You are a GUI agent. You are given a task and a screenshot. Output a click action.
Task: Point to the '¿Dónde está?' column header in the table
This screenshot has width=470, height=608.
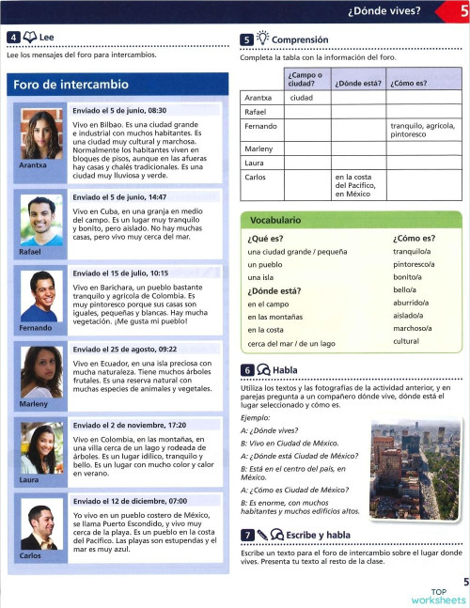pyautogui.click(x=357, y=83)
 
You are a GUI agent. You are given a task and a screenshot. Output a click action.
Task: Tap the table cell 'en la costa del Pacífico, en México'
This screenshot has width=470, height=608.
pyautogui.click(x=357, y=186)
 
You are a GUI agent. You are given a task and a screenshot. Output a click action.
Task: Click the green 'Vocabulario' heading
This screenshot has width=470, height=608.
pyautogui.click(x=276, y=220)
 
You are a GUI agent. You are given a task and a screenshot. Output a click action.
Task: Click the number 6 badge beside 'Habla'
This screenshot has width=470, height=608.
pyautogui.click(x=246, y=370)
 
